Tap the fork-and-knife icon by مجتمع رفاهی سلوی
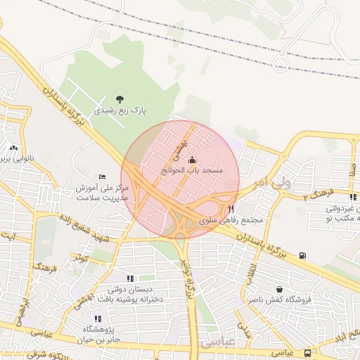point(231,209)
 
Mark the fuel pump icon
point(302,255)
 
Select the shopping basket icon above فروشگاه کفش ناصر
point(279,289)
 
